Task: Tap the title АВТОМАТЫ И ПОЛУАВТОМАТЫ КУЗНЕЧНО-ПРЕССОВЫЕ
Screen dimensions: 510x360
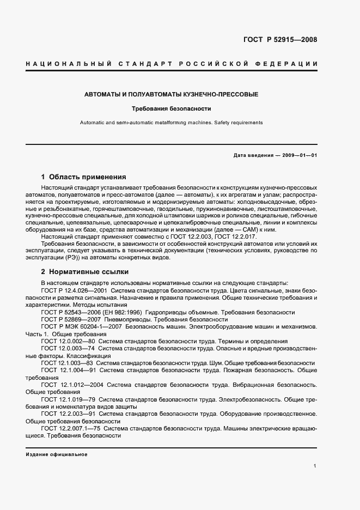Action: click(x=171, y=95)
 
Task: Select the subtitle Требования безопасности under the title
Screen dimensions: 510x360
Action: click(x=171, y=108)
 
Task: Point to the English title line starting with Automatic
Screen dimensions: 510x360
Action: click(x=171, y=123)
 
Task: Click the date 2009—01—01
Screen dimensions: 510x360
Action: click(x=298, y=155)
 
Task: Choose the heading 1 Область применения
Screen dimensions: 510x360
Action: click(x=84, y=177)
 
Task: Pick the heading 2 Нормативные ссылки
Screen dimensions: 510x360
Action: click(x=84, y=271)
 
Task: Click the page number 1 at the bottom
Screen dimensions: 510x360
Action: click(x=315, y=465)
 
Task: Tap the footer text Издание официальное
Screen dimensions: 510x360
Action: click(x=57, y=454)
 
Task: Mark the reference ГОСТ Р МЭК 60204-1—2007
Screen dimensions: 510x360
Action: click(x=81, y=326)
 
